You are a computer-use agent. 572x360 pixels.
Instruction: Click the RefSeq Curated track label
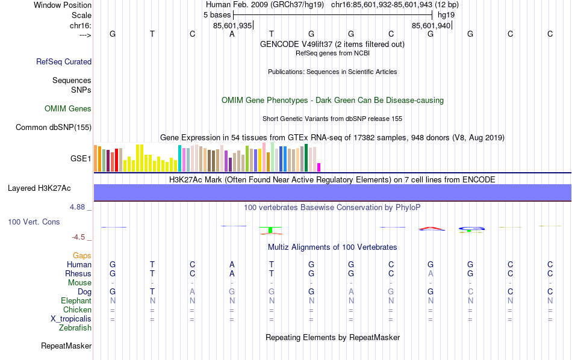pos(64,61)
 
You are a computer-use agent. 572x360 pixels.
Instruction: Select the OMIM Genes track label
pos(68,109)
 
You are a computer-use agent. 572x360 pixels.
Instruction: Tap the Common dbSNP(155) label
pos(54,127)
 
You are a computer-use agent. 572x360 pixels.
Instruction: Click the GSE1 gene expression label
pos(81,159)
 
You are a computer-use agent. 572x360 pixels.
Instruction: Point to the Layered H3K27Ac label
pos(39,188)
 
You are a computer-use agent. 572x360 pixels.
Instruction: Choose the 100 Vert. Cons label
pos(34,222)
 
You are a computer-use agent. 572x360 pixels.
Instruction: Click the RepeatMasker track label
pos(66,346)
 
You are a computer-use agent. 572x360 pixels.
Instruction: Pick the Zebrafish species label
pos(75,328)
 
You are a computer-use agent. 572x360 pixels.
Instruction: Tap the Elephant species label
pos(76,301)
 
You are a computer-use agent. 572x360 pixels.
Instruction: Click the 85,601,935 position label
pos(232,26)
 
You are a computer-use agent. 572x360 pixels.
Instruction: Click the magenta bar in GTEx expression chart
pos(319,167)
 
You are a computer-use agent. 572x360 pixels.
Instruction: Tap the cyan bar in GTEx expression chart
pos(179,158)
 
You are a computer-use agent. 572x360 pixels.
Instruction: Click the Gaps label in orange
pos(82,256)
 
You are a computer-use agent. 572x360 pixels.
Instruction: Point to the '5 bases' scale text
pos(213,14)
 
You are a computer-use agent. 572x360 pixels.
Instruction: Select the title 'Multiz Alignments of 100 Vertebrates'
pos(332,247)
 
